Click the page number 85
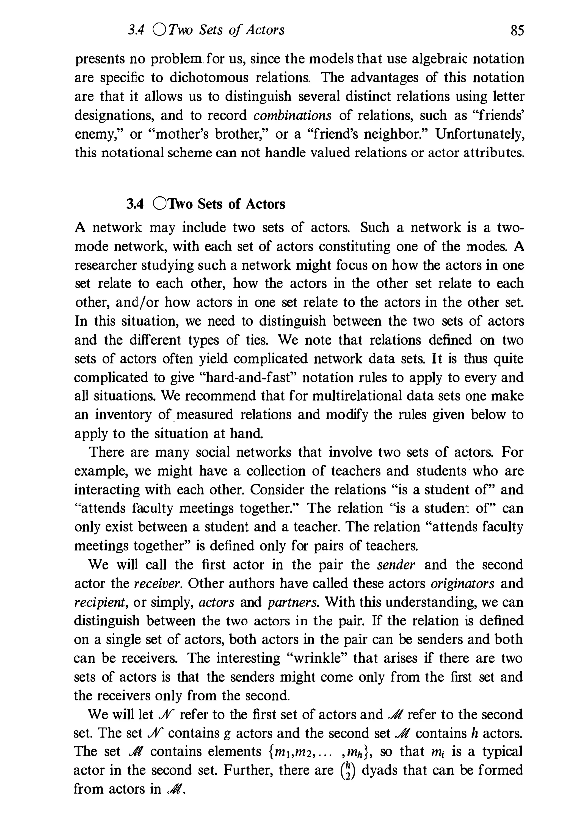(x=517, y=30)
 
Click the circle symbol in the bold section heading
(x=159, y=204)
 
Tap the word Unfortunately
(x=480, y=134)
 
